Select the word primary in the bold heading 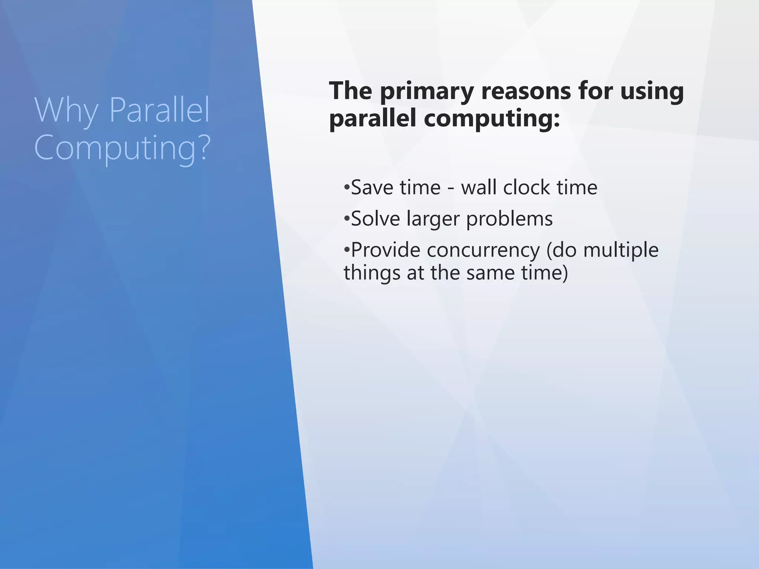pyautogui.click(x=426, y=92)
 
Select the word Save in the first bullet pyautogui.click(x=372, y=187)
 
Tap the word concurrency pyautogui.click(x=483, y=250)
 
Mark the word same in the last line pyautogui.click(x=490, y=273)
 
